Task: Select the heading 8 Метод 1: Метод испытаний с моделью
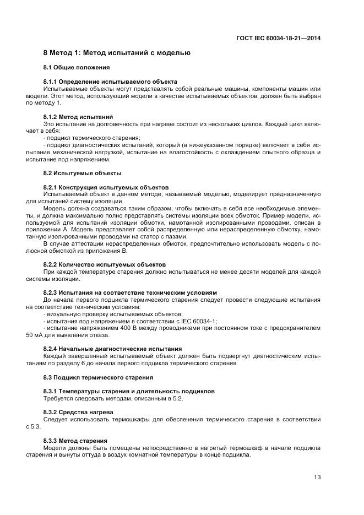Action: pos(117,53)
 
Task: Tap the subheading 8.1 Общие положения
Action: pos(77,68)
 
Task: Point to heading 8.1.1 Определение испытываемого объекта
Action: pos(110,82)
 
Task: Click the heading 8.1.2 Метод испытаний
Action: pos(78,117)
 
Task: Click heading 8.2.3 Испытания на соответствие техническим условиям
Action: pos(130,292)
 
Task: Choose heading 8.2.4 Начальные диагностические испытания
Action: pos(112,349)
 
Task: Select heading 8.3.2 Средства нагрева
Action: pos(79,412)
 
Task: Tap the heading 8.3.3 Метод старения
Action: pos(75,440)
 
